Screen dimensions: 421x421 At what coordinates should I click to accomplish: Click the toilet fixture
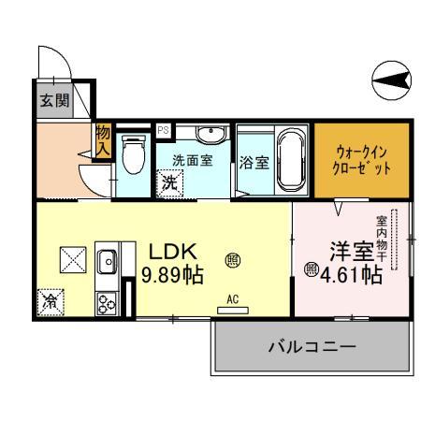pos(132,156)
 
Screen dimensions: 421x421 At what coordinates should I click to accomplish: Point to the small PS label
pos(163,130)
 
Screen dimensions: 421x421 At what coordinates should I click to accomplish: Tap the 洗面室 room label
pos(192,159)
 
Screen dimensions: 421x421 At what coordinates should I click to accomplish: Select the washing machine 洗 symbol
pos(169,183)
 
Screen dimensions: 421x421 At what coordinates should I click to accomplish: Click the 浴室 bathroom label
pos(254,162)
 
